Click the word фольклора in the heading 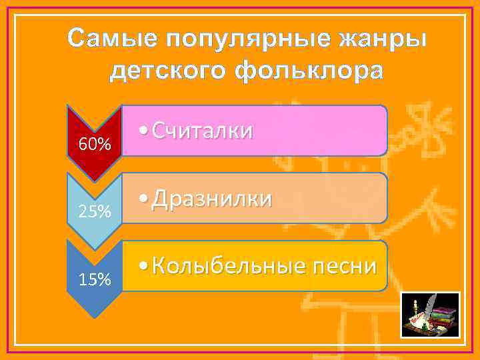point(313,70)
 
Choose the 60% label point(95,145)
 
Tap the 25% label point(95,212)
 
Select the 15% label point(95,279)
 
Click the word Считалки point(202,131)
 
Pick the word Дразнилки point(211,198)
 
